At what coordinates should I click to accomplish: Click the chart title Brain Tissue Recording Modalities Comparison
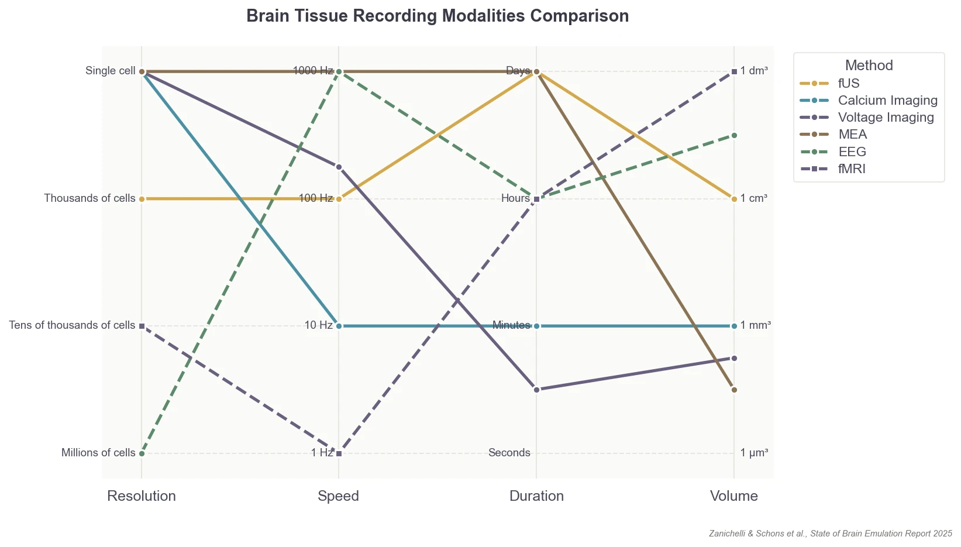point(438,16)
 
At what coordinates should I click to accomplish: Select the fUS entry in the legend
point(849,83)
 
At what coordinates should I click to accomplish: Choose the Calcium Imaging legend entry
point(887,100)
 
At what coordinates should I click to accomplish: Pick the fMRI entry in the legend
point(851,169)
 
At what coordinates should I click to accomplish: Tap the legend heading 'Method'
point(869,65)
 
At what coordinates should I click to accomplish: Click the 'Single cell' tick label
point(111,71)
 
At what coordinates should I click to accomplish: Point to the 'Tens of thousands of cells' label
point(72,325)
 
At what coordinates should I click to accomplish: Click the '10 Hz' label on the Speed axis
point(319,325)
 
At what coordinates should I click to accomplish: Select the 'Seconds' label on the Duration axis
point(509,453)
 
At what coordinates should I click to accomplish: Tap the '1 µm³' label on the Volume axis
point(754,453)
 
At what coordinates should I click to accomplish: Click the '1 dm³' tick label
point(754,71)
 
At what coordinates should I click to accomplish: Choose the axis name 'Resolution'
point(142,496)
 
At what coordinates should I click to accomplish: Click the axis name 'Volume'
point(733,496)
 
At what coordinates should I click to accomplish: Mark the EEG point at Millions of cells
point(142,453)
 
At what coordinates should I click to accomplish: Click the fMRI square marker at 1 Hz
point(339,453)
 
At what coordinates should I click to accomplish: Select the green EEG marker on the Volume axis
point(734,135)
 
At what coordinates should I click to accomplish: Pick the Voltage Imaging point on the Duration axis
point(536,390)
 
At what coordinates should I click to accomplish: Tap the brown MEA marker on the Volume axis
point(734,390)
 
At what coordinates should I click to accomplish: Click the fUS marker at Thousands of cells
point(142,199)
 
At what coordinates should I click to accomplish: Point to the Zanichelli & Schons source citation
point(830,534)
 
